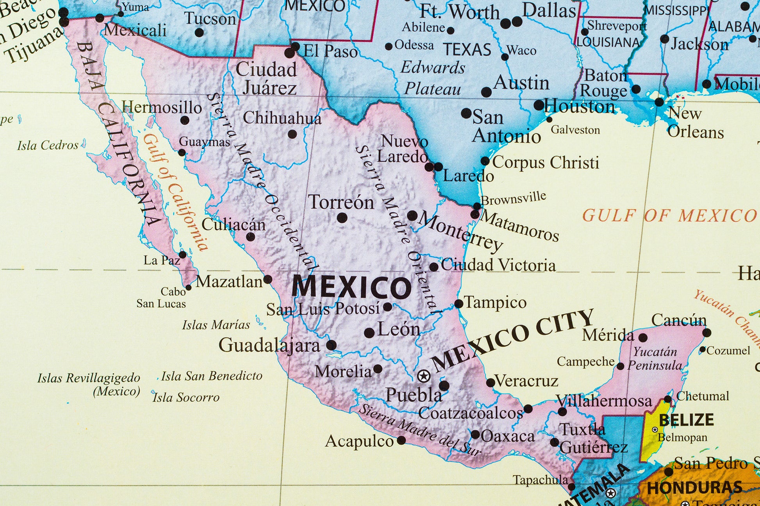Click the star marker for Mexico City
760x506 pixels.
[423, 376]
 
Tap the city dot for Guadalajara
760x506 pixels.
[331, 345]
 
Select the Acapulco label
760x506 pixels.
[359, 441]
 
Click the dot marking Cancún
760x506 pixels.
[706, 333]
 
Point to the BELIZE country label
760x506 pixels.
[686, 420]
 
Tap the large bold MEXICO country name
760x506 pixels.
[351, 288]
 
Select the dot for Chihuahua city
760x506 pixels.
[292, 135]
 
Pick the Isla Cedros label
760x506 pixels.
[48, 146]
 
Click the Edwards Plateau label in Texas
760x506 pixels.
[433, 78]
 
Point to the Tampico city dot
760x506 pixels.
[459, 304]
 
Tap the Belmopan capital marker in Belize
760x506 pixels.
[655, 430]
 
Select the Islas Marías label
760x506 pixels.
[216, 325]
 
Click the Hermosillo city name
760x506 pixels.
[161, 107]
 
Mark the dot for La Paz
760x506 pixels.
[182, 255]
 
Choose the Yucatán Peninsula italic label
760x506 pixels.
[655, 359]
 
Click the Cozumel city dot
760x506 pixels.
[703, 350]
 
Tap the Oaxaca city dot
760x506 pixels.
[475, 435]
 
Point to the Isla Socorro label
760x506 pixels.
[186, 398]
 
